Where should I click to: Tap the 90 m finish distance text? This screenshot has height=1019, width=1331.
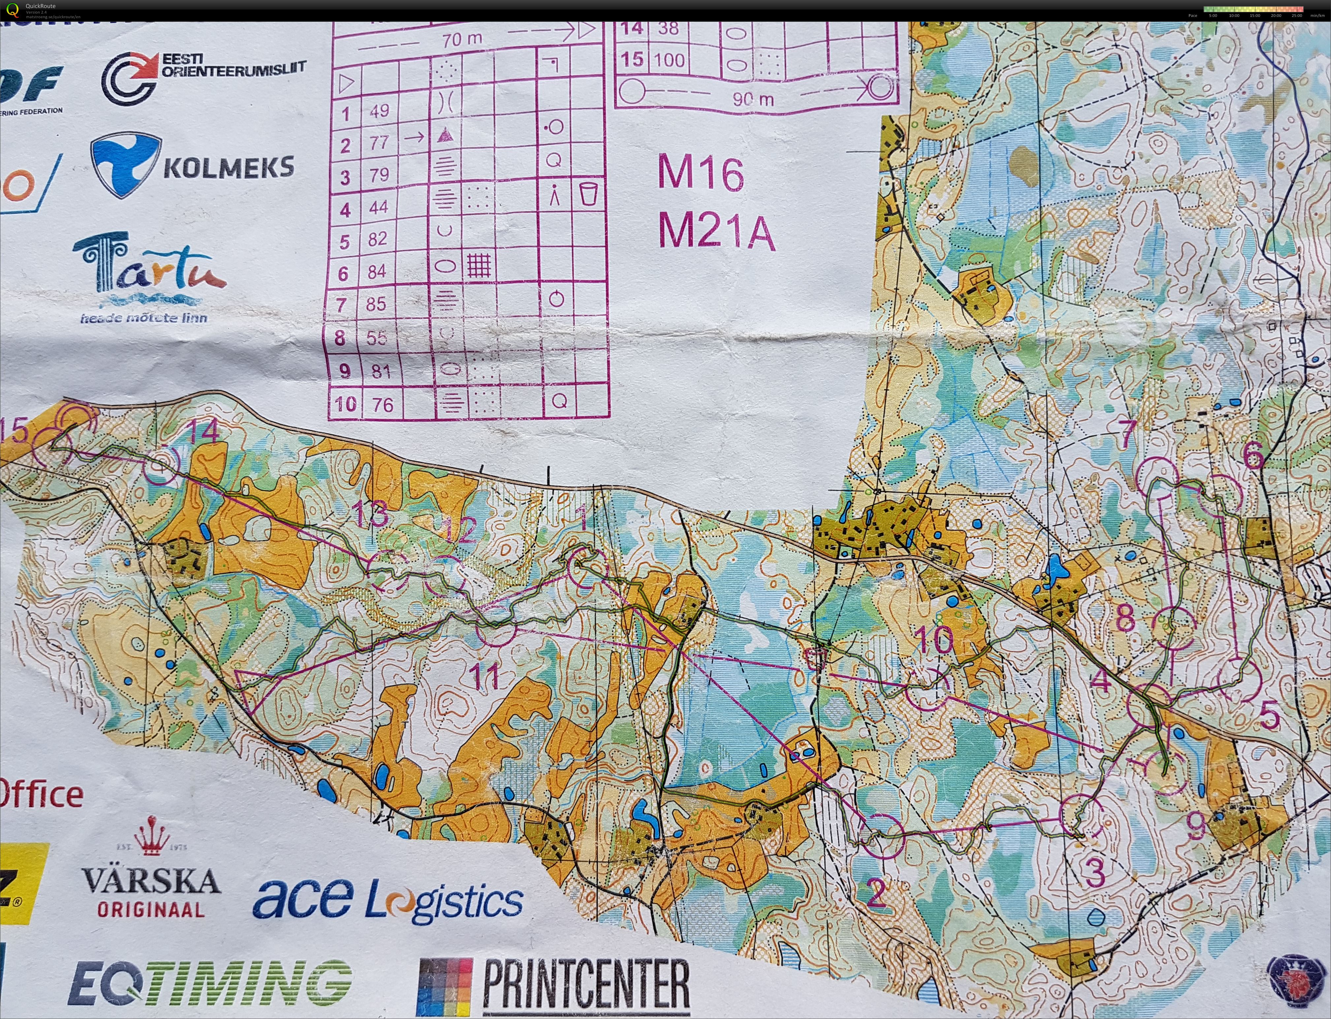click(x=753, y=99)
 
